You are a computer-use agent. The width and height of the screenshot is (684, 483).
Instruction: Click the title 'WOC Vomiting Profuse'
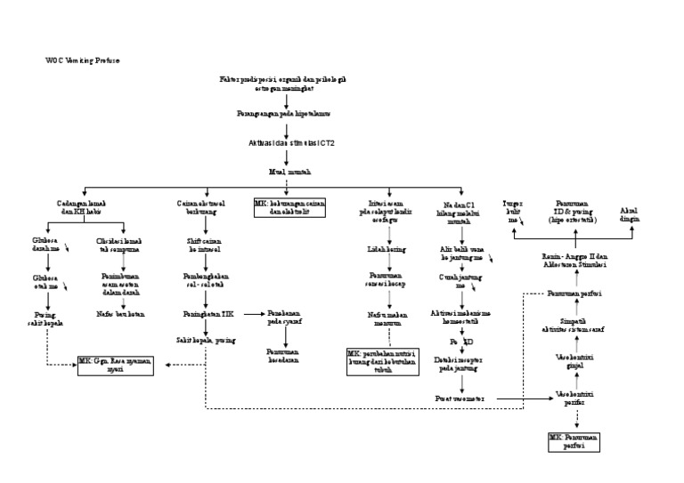[82, 60]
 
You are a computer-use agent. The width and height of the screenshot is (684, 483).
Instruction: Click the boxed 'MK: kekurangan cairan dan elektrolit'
[285, 208]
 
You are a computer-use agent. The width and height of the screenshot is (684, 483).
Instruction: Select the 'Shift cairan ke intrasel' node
[206, 246]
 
